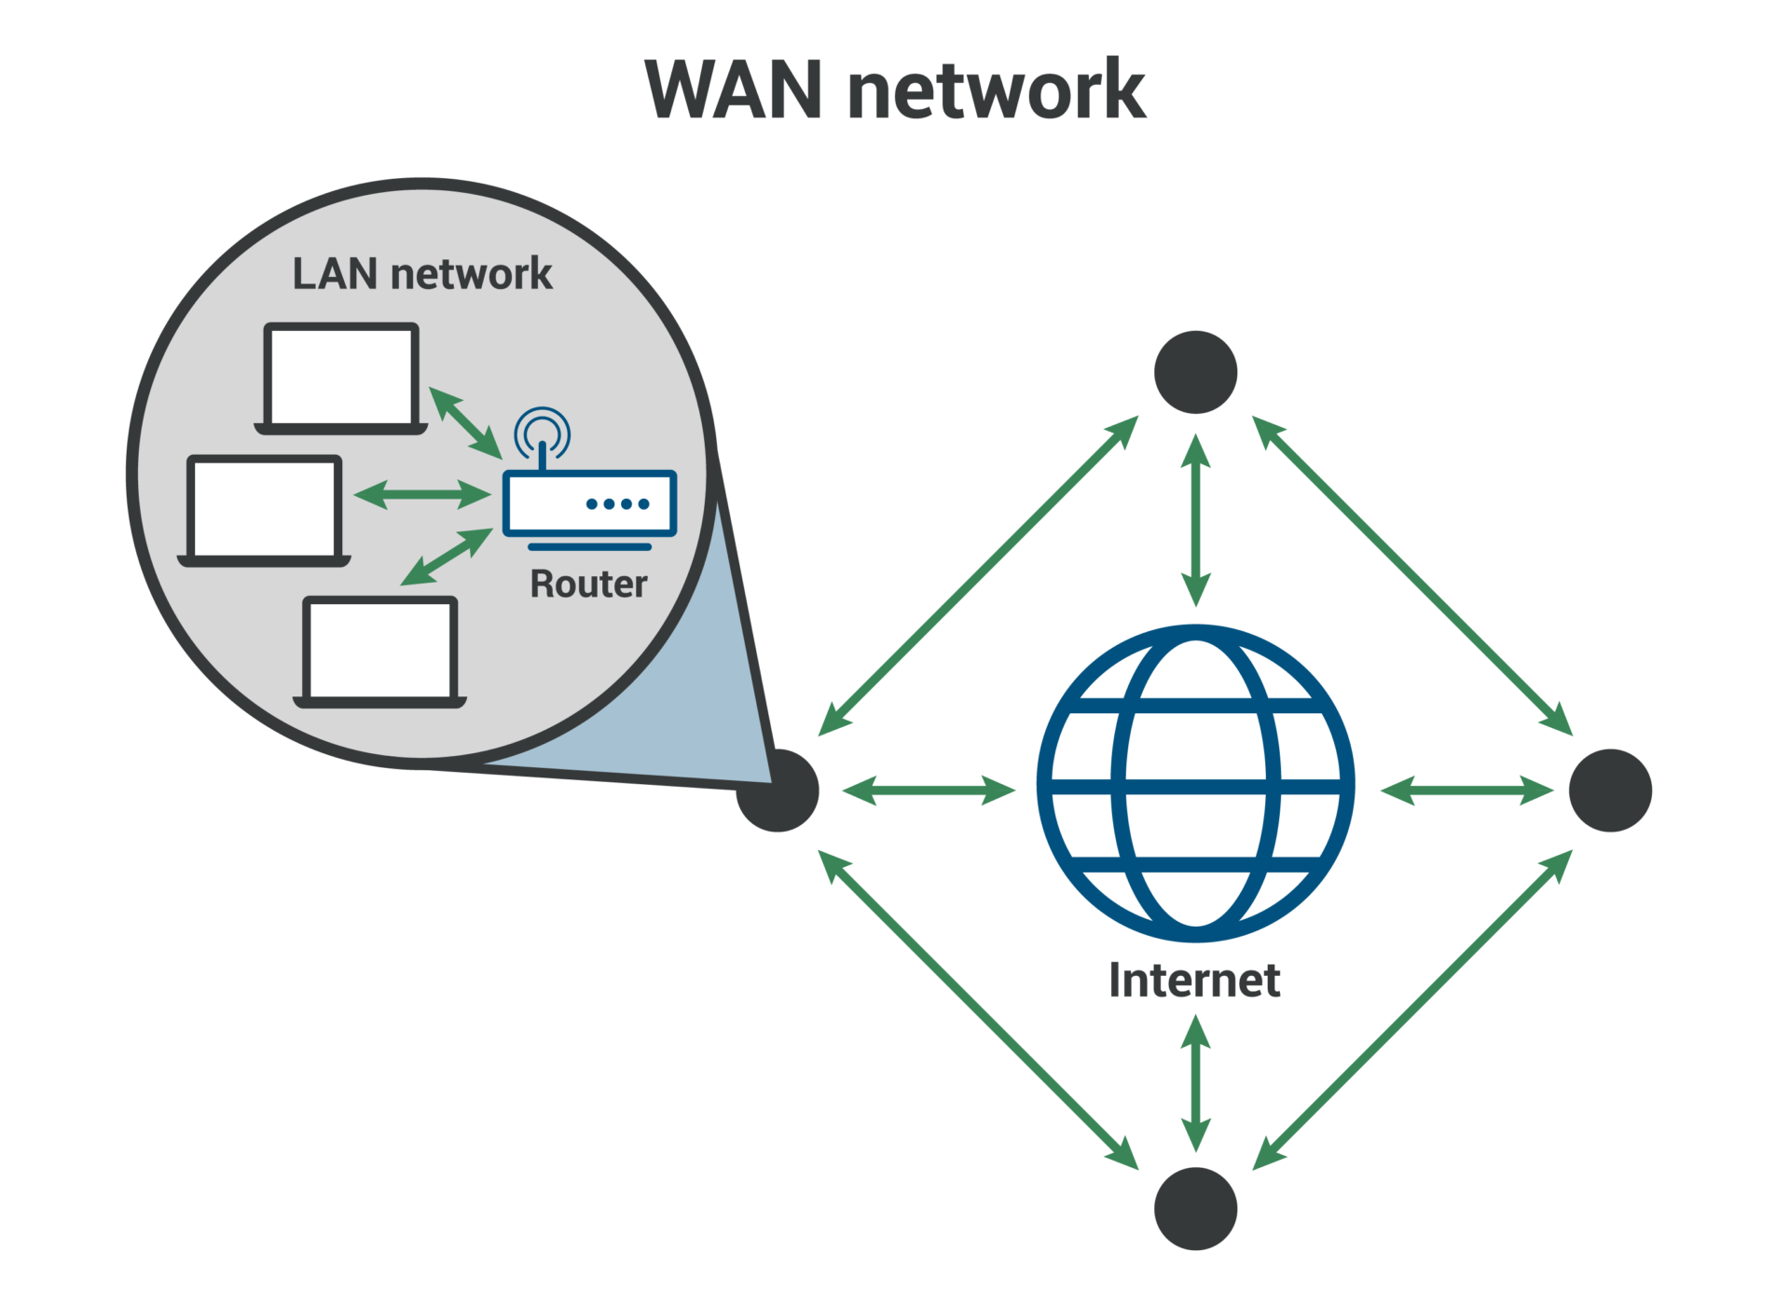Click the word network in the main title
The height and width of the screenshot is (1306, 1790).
click(997, 90)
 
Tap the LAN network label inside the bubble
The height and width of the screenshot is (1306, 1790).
click(422, 274)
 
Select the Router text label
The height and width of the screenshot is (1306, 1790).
click(588, 584)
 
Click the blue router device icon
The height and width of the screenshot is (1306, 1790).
click(589, 504)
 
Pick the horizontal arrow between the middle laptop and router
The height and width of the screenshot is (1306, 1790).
click(422, 494)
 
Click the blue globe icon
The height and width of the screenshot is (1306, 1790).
click(1195, 783)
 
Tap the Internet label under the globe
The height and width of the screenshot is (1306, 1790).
click(1194, 981)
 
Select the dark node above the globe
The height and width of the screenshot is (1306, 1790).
click(1195, 372)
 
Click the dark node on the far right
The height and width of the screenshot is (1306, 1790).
click(1610, 790)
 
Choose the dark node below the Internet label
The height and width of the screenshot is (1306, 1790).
click(1195, 1208)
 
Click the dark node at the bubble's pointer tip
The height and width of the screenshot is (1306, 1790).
click(778, 791)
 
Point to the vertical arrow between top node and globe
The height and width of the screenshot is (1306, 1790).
click(1195, 520)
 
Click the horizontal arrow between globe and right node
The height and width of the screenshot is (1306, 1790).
click(1466, 790)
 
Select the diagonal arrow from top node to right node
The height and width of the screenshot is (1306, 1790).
click(1411, 576)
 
